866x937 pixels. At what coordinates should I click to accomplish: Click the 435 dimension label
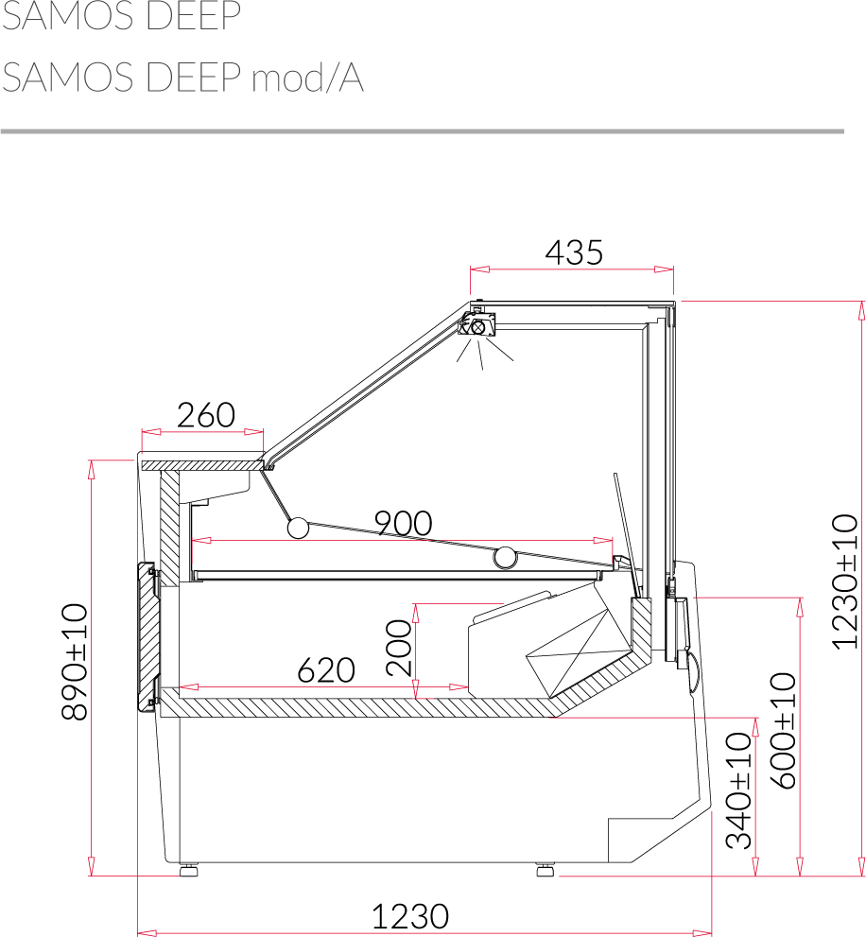coord(574,252)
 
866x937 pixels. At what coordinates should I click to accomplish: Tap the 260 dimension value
coord(206,415)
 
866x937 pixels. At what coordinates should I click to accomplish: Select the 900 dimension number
coord(404,524)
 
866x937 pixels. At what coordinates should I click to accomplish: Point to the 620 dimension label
coord(326,669)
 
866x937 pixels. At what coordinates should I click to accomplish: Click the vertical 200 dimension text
coord(399,648)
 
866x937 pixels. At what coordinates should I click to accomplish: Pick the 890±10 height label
coord(76,662)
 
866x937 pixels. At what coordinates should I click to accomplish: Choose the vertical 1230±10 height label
coord(845,581)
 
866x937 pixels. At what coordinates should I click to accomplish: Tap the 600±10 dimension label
coord(783,731)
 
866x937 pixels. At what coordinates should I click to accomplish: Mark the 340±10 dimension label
coord(738,790)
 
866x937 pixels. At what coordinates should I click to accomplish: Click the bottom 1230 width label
coord(410,916)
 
